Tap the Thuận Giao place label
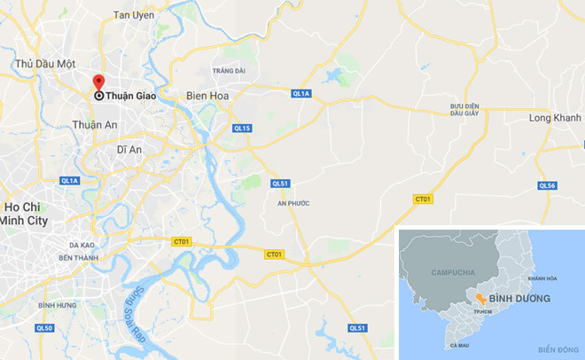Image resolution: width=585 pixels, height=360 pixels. tap(125, 97)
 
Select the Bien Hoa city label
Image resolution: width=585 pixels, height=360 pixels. tap(209, 95)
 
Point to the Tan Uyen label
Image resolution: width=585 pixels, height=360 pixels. tap(134, 16)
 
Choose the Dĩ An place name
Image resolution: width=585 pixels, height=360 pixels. tap(129, 150)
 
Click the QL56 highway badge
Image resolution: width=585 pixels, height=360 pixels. tap(547, 185)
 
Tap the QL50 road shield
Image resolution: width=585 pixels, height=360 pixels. tap(44, 329)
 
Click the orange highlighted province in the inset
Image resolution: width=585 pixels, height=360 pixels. tap(480, 299)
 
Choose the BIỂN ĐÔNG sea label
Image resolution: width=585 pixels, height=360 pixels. tap(557, 349)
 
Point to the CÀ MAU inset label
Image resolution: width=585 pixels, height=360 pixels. tap(459, 345)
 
